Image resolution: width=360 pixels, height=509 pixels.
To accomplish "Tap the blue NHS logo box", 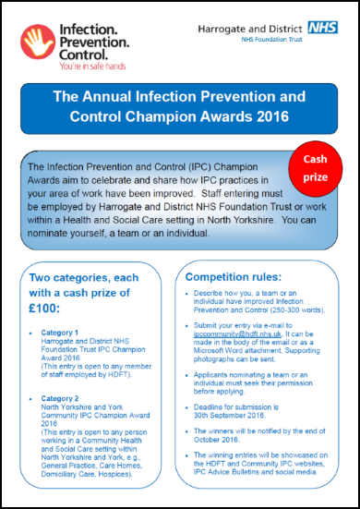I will tap(323, 30).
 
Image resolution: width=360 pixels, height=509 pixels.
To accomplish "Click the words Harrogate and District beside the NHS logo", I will tap(246, 30).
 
